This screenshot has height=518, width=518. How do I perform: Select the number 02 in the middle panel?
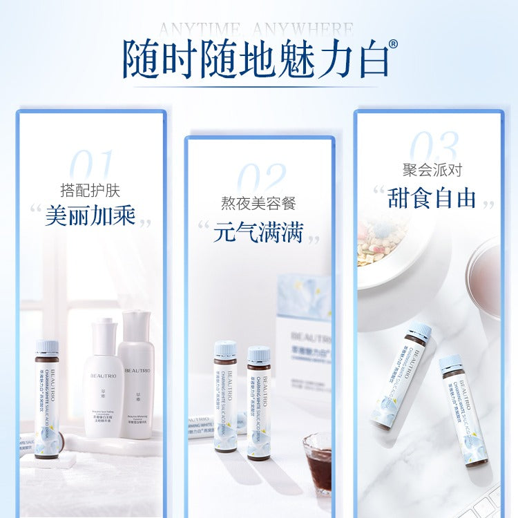coord(260,181)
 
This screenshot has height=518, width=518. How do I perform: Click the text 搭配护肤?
coord(90,190)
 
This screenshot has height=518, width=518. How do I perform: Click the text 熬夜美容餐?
coord(260,204)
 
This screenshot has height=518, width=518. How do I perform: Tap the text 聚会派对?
coord(432,170)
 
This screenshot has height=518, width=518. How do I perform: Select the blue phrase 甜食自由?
coord(433,198)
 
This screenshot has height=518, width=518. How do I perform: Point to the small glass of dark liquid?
coord(317,459)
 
